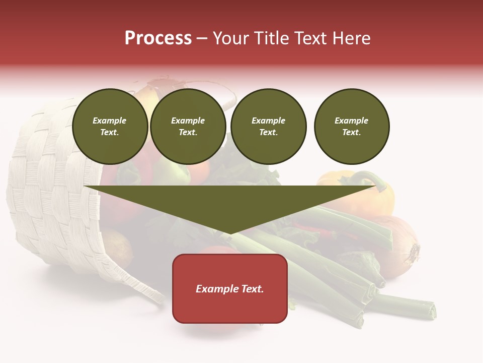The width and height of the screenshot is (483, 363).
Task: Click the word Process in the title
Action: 158,38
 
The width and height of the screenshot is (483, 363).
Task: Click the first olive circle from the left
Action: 110,127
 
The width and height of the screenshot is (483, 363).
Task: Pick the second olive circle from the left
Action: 188,127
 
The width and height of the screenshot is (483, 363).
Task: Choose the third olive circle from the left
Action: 268,127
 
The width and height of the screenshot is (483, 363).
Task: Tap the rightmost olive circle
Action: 351,127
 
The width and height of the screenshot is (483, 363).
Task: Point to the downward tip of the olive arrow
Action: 230,233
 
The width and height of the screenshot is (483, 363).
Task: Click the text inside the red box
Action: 230,289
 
